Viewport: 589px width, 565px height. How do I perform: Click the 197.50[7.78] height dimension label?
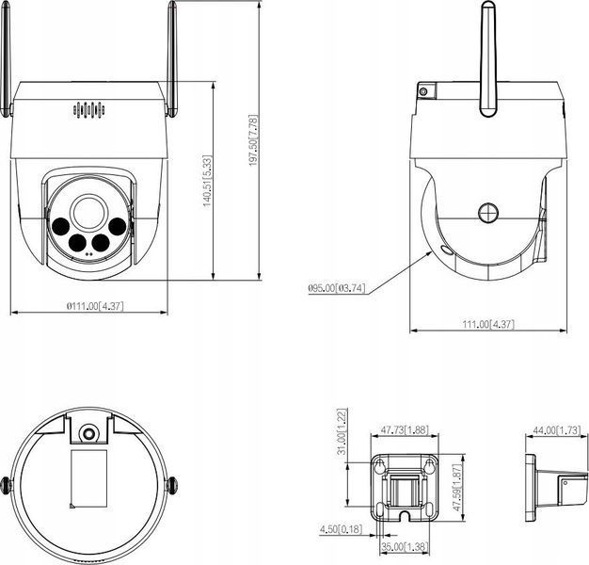point(254,140)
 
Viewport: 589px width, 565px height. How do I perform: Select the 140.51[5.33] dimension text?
point(208,181)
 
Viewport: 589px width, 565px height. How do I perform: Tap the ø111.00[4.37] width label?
point(95,306)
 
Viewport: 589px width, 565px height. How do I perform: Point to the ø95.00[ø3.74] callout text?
point(337,288)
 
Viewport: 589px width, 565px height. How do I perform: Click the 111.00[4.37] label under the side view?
point(488,324)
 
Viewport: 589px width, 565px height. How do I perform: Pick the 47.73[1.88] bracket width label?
point(405,429)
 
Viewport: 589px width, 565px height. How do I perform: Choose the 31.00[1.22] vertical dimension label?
point(342,432)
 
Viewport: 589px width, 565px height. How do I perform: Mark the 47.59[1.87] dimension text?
point(457,487)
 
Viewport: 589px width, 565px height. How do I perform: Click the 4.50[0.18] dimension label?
point(342,529)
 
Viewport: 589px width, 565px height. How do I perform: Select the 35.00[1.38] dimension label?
point(405,546)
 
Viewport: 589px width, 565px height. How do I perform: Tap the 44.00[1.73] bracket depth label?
point(557,430)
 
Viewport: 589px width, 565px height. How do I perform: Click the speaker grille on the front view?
point(89,109)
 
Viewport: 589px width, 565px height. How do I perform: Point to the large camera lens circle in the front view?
point(88,213)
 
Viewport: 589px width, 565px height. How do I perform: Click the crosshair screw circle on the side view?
point(488,213)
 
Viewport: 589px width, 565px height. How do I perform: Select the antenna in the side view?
point(488,59)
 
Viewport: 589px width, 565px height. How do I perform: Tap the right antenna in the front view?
point(171,59)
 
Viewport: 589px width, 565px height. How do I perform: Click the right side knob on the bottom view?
point(171,485)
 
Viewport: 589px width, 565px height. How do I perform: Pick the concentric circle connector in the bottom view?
point(88,434)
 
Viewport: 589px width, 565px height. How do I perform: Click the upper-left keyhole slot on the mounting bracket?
point(379,465)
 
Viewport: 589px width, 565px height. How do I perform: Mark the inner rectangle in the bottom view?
point(89,479)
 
